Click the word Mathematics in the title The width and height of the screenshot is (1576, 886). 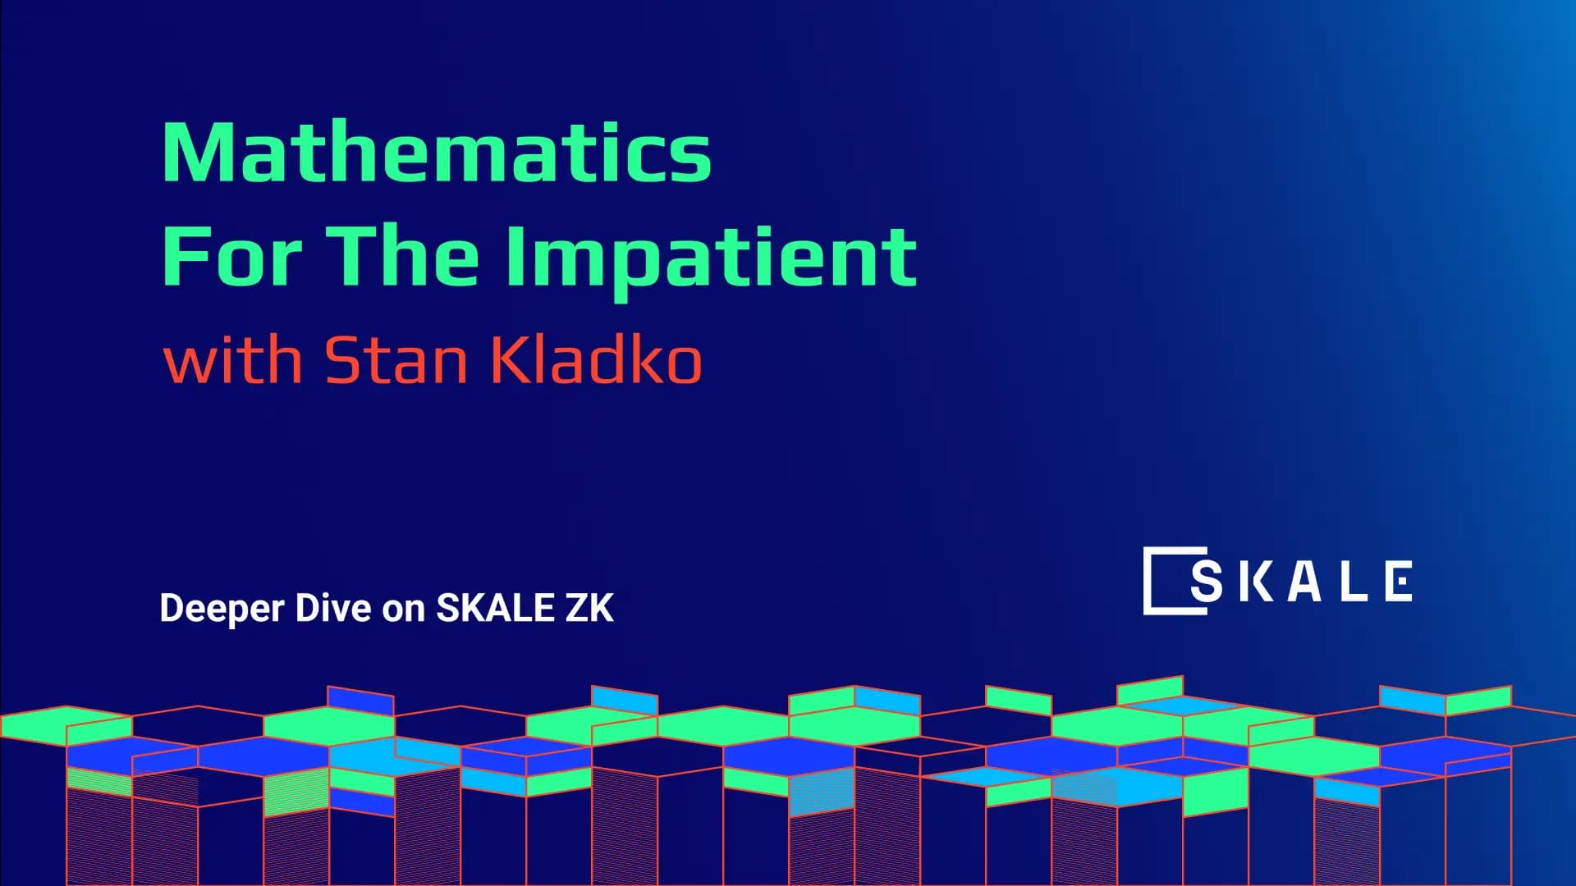tap(437, 153)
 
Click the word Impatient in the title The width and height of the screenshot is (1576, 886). tap(711, 258)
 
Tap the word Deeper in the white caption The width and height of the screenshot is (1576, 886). tap(222, 609)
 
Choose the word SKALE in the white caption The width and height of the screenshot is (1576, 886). tap(495, 608)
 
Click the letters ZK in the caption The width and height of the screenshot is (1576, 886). tap(589, 608)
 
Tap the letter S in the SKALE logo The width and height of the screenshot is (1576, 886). tap(1206, 582)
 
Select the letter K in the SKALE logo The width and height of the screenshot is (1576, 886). tap(1254, 582)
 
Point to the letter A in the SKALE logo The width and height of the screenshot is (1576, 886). tap(1304, 582)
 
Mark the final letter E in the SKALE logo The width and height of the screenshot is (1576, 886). tap(1398, 582)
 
